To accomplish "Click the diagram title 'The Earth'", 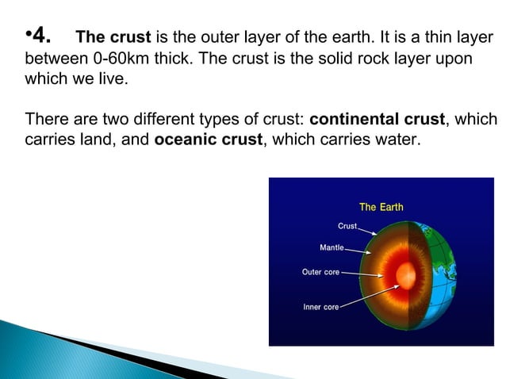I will (381, 207).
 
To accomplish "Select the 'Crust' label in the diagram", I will (347, 226).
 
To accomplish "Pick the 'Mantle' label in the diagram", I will (332, 247).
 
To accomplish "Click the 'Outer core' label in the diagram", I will (320, 272).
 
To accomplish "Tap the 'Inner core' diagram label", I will (320, 307).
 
